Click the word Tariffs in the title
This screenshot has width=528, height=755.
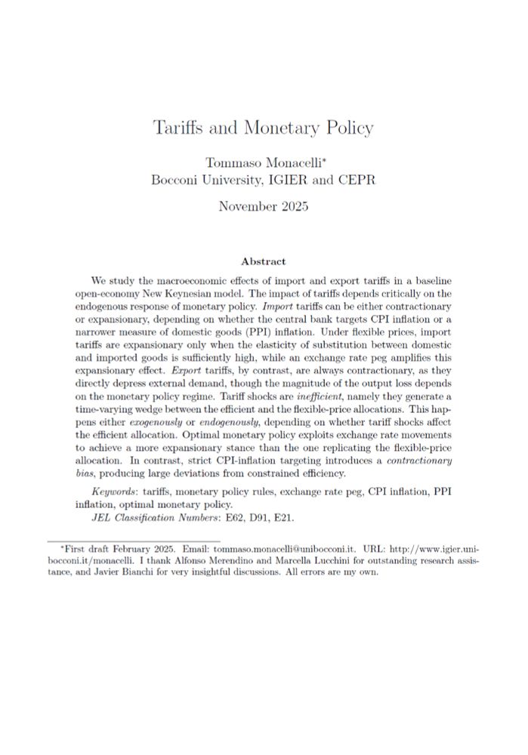tap(179, 128)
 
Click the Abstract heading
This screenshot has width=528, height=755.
tap(264, 261)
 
